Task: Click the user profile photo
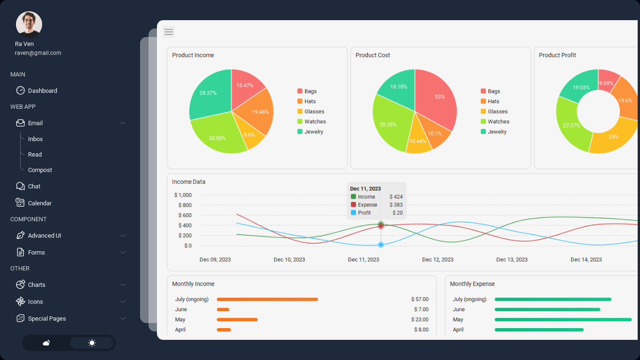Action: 29,24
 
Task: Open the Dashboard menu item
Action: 42,91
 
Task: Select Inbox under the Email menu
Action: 35,139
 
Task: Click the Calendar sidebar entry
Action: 39,203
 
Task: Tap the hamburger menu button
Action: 169,32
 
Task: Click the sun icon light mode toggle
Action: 92,343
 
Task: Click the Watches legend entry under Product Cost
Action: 498,122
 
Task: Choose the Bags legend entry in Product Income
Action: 310,91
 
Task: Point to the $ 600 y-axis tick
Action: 185,216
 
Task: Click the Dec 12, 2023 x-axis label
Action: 438,260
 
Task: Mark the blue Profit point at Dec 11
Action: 381,245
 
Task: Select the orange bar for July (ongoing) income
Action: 267,300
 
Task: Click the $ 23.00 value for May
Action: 419,320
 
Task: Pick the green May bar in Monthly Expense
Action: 563,320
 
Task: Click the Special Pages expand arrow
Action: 123,319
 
